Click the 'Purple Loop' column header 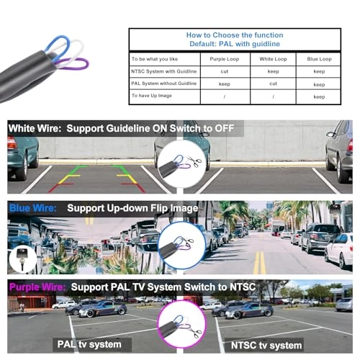tap(225, 59)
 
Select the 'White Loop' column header tap(273, 59)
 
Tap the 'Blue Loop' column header tap(319, 59)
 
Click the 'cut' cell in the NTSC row tap(225, 71)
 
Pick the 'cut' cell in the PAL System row tap(273, 84)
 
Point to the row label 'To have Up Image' tap(152, 96)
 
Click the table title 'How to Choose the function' tap(235, 35)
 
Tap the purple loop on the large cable tap(72, 63)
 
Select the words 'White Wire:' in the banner tap(35, 128)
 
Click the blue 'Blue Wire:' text tap(33, 208)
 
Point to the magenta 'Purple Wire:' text tap(37, 287)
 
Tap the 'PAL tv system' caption tap(89, 344)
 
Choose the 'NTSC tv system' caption tap(266, 346)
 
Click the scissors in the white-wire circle tap(194, 161)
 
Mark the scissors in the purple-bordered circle tap(194, 330)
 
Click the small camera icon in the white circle tap(22, 258)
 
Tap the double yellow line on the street tap(259, 262)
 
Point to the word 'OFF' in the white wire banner tap(224, 128)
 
